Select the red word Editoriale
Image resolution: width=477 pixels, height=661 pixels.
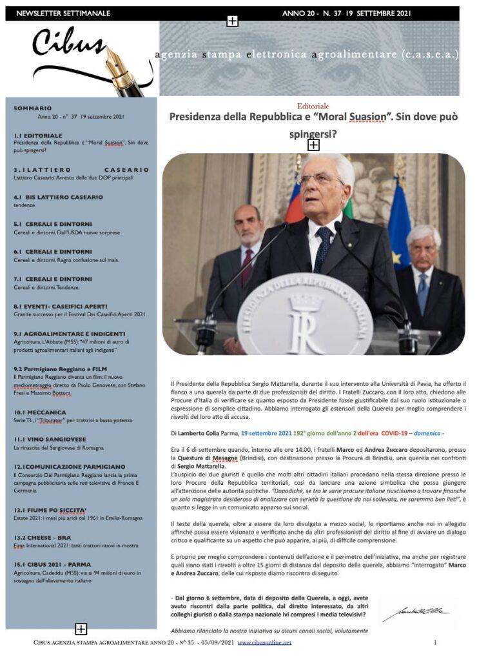pyautogui.click(x=313, y=106)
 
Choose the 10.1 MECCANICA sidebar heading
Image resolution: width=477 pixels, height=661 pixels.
pyautogui.click(x=40, y=412)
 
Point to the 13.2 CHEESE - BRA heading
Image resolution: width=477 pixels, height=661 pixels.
pyautogui.click(x=44, y=537)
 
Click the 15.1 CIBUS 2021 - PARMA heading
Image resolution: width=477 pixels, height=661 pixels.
pyautogui.click(x=52, y=564)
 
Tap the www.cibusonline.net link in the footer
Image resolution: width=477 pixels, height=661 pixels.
pyautogui.click(x=264, y=643)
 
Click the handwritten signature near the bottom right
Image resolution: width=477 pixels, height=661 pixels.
pyautogui.click(x=415, y=613)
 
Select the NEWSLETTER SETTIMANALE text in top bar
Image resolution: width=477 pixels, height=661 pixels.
pyautogui.click(x=63, y=14)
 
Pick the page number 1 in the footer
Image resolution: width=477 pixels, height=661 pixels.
pyautogui.click(x=435, y=643)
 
